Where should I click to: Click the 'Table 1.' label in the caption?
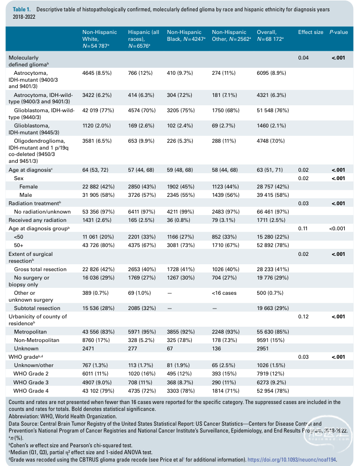pyautogui.click(x=21, y=9)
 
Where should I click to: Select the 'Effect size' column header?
pyautogui.click(x=310, y=32)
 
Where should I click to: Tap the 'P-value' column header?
pyautogui.click(x=339, y=32)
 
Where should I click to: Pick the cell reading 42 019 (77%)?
pyautogui.click(x=98, y=110)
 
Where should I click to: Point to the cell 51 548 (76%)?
pyautogui.click(x=272, y=110)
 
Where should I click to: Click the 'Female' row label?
pyautogui.click(x=29, y=186)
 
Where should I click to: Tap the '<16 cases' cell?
pyautogui.click(x=224, y=293)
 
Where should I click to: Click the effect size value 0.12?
pyautogui.click(x=303, y=316)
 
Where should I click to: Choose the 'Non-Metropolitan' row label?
pyautogui.click(x=36, y=340)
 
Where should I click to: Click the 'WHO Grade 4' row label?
pyautogui.click(x=31, y=391)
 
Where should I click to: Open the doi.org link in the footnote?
pyautogui.click(x=292, y=460)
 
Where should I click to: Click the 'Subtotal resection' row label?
pyautogui.click(x=37, y=308)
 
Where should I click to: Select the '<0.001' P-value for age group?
pyautogui.click(x=337, y=228)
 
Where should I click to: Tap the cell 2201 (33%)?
pyautogui.click(x=142, y=237)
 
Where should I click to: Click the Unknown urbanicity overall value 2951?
pyautogui.click(x=263, y=348)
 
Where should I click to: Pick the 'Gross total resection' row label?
pyautogui.click(x=40, y=269)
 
